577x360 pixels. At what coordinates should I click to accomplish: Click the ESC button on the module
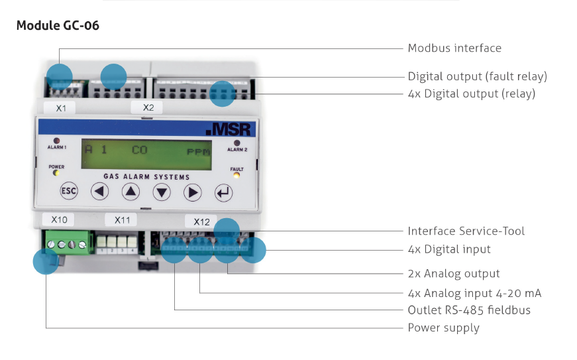(x=69, y=192)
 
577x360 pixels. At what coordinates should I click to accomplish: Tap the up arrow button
(x=131, y=192)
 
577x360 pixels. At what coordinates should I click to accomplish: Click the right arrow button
(x=192, y=193)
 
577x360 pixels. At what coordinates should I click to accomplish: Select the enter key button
(x=223, y=194)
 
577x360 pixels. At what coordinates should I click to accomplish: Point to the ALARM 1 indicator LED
(x=56, y=141)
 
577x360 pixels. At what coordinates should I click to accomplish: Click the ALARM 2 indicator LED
(x=236, y=143)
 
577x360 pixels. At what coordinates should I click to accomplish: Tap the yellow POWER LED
(x=56, y=174)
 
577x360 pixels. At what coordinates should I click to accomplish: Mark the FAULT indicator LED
(x=236, y=176)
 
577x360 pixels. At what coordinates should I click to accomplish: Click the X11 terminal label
(x=122, y=219)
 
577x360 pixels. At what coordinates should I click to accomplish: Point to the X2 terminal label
(x=147, y=107)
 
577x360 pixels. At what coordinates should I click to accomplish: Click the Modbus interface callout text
(x=454, y=48)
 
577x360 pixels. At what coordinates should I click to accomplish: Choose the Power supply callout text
(x=443, y=328)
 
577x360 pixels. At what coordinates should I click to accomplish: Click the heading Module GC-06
(x=58, y=26)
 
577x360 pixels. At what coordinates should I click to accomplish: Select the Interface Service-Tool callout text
(x=466, y=231)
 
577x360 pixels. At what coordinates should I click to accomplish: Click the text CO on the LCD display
(x=139, y=150)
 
